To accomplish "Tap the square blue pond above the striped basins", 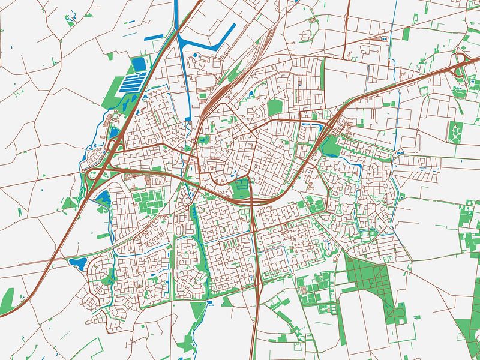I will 139,64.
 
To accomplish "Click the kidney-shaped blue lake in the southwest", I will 78,262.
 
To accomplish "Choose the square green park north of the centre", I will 275,107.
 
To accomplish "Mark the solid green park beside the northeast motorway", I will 329,145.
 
